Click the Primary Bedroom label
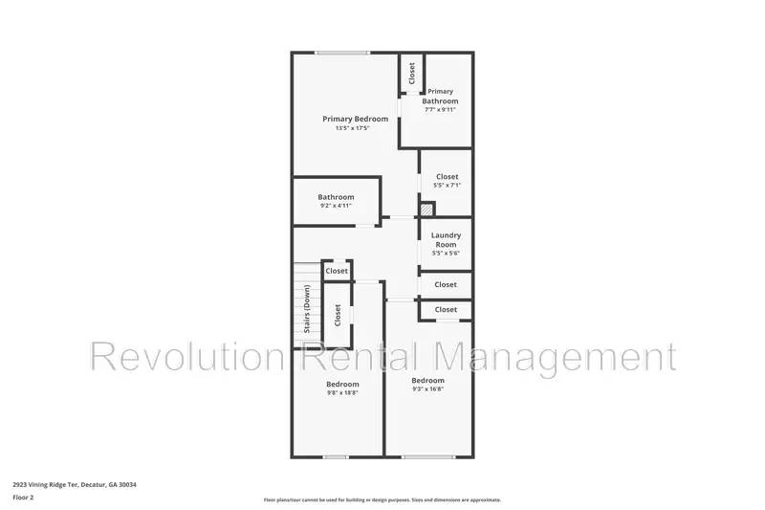(355, 119)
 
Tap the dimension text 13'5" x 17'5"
(355, 128)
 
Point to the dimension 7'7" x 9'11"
(440, 110)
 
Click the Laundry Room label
(447, 239)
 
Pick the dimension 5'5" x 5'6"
(447, 253)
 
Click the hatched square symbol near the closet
(427, 208)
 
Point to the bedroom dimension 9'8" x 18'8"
(341, 392)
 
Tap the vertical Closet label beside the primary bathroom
(412, 73)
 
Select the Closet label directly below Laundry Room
(446, 284)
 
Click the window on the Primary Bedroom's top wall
(343, 53)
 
